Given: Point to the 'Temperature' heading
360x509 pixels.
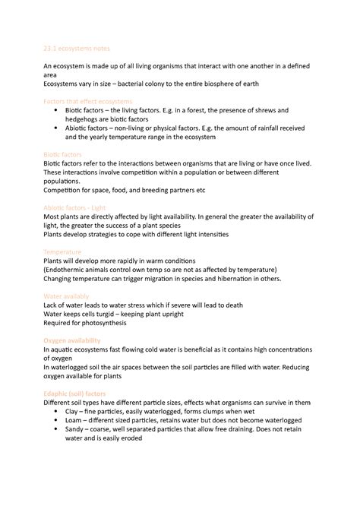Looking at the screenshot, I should click(x=62, y=251).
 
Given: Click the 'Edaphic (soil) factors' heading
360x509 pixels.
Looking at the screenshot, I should click(x=77, y=393).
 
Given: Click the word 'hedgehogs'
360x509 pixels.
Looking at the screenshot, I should click(x=89, y=119).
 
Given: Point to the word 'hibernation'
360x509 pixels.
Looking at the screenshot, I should click(x=232, y=279).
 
